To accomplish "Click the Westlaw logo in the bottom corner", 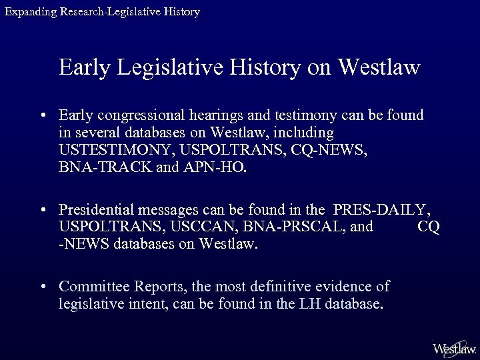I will tap(454, 348).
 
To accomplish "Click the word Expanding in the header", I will tap(29, 12).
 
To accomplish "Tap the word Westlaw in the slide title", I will tap(379, 67).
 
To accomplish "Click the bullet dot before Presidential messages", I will tap(43, 209).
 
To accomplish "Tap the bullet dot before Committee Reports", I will tap(43, 287).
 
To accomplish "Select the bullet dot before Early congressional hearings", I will tap(43, 116).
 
